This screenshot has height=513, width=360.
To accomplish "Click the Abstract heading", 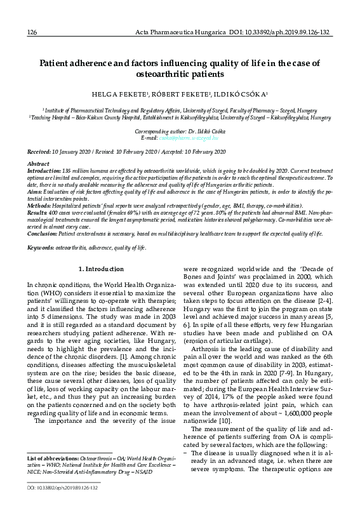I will (39, 164).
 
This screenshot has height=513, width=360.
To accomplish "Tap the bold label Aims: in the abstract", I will (35, 191).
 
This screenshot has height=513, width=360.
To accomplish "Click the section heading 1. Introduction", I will (103, 270).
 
